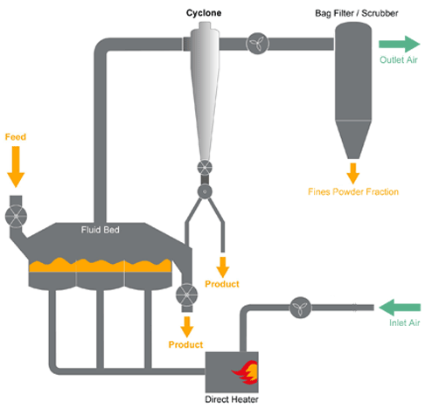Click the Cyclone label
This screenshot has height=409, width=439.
[204, 13]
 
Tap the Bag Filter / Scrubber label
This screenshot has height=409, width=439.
[357, 13]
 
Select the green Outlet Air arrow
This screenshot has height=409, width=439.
[400, 44]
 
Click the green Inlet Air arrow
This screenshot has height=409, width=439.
[400, 308]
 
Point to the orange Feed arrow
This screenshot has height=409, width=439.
[16, 167]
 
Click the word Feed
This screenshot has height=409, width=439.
[16, 137]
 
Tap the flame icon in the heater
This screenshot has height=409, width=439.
[245, 372]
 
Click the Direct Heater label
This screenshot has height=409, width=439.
[232, 399]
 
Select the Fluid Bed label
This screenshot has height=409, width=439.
[101, 230]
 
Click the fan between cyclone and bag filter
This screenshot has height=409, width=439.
[257, 44]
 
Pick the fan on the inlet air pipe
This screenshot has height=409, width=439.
[300, 308]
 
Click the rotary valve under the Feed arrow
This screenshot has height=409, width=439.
[16, 216]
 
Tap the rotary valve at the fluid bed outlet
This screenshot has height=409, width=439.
[187, 295]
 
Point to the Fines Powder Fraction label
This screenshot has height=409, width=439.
[353, 191]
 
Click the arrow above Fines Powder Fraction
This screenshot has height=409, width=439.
[353, 173]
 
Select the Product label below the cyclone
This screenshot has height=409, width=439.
[222, 284]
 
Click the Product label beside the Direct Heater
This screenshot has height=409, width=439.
[185, 344]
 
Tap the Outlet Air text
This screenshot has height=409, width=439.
[399, 60]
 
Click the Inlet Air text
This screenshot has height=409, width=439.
[405, 322]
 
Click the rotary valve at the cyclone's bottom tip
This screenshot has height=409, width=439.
[205, 168]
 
